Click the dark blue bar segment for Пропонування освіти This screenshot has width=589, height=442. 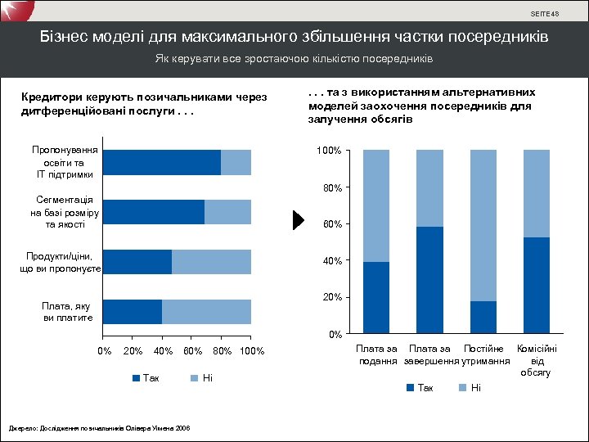coord(162,163)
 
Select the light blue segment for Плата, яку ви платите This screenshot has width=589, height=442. coord(206,312)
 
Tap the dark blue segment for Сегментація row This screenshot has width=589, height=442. coord(154,212)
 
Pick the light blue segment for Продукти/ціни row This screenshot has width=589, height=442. coord(211,262)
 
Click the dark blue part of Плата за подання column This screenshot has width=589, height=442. coord(375,298)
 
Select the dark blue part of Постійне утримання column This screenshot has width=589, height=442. coord(483,318)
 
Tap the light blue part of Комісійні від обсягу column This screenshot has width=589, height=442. coord(536,193)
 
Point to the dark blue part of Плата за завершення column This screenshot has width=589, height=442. coord(429,280)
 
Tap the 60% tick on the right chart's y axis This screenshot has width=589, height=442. coord(330,224)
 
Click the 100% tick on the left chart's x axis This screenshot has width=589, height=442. coord(252,351)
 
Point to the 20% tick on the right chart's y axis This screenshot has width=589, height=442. coord(330,297)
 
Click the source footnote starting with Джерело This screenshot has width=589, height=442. coord(99,428)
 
